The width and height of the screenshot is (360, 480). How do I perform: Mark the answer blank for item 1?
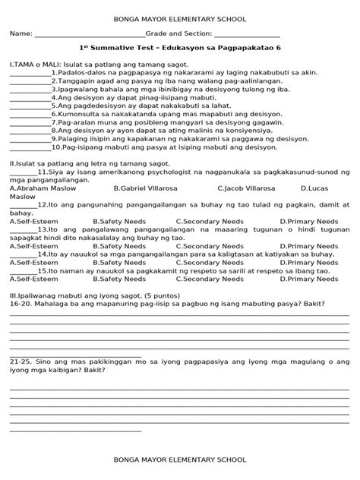(x=30, y=76)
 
